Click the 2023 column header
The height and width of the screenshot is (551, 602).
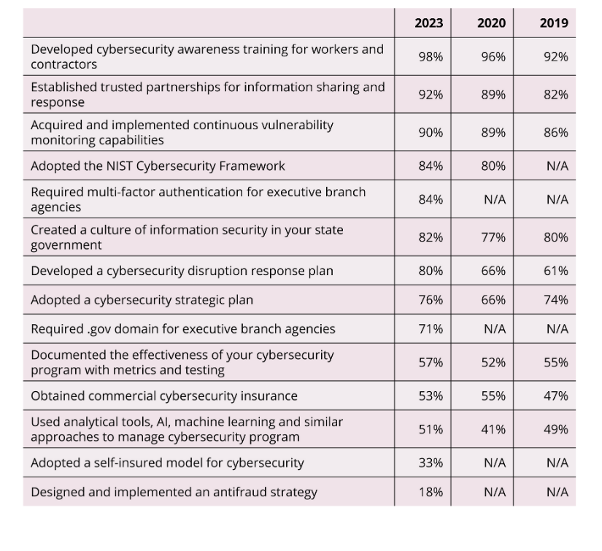pyautogui.click(x=428, y=23)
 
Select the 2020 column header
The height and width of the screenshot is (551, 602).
pyautogui.click(x=491, y=23)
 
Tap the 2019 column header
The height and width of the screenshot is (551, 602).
pyautogui.click(x=554, y=23)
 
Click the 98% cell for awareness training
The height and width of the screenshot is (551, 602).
pyautogui.click(x=431, y=57)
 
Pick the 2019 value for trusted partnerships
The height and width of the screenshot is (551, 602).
pyautogui.click(x=555, y=94)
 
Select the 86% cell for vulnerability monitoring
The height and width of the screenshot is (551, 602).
pyautogui.click(x=555, y=133)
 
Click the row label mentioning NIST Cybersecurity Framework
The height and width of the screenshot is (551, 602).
pyautogui.click(x=158, y=166)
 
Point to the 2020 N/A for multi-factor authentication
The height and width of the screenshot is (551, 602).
pyautogui.click(x=495, y=200)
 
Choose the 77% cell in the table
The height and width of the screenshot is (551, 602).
pyautogui.click(x=493, y=237)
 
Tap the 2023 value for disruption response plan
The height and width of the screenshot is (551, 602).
pyautogui.click(x=431, y=271)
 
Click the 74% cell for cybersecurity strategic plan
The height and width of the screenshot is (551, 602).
pyautogui.click(x=555, y=300)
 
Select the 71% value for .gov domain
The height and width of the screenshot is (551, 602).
pyautogui.click(x=431, y=329)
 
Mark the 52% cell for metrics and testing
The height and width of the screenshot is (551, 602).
pyautogui.click(x=493, y=363)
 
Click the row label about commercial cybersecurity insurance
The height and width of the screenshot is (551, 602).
pyautogui.click(x=164, y=396)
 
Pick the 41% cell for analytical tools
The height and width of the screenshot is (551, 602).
pyautogui.click(x=493, y=429)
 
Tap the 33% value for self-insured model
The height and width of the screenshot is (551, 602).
pyautogui.click(x=431, y=463)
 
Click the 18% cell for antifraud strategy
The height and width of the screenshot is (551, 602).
pyautogui.click(x=431, y=493)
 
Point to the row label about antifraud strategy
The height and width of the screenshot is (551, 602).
pyautogui.click(x=174, y=493)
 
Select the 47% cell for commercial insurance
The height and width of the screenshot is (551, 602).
pyautogui.click(x=555, y=396)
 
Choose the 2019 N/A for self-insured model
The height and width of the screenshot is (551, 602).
pyautogui.click(x=557, y=463)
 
